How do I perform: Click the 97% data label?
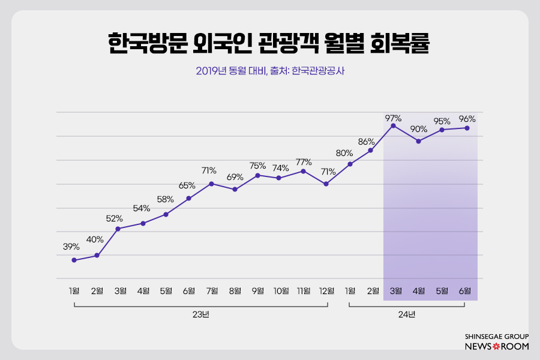(394, 118)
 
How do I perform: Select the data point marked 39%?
(74, 260)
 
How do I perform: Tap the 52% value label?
(115, 218)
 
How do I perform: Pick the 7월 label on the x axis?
(211, 291)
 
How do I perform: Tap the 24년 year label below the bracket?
(406, 314)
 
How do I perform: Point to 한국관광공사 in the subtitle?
(318, 71)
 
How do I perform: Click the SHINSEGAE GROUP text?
(497, 337)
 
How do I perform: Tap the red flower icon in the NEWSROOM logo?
(496, 347)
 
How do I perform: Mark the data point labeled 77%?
(304, 171)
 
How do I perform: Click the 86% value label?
(366, 142)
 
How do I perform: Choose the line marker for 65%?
(188, 198)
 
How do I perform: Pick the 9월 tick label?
(258, 291)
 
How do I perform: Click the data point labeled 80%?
(350, 164)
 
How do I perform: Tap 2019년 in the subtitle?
(211, 71)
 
